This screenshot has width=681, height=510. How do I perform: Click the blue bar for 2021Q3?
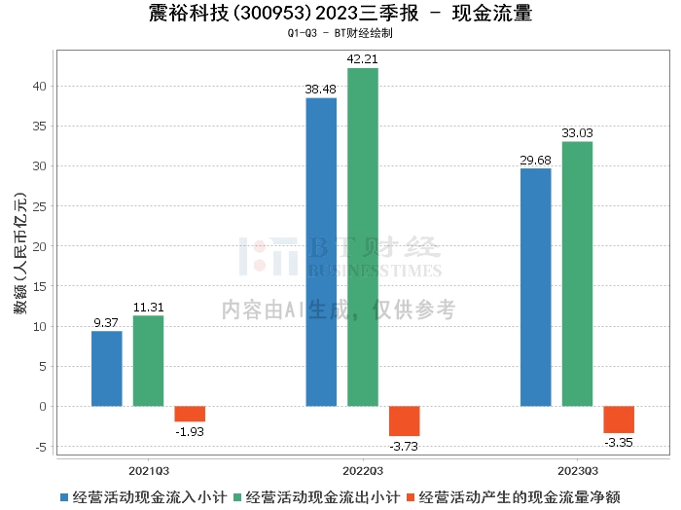(107, 368)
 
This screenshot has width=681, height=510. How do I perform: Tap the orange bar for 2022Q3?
(404, 420)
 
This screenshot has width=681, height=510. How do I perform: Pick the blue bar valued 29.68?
(535, 287)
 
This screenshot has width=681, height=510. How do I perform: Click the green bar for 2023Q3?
(577, 273)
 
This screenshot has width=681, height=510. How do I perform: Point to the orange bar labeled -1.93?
(190, 414)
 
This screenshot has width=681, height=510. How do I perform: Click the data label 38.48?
(321, 90)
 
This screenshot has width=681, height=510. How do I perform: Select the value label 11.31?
(149, 308)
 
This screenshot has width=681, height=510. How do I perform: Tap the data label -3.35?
(619, 442)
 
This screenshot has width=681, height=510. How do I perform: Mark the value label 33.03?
(577, 133)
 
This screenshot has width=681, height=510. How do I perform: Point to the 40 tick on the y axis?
(40, 86)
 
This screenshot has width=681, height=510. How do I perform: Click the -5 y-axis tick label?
(40, 447)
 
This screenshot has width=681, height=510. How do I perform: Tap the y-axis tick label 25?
(40, 206)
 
